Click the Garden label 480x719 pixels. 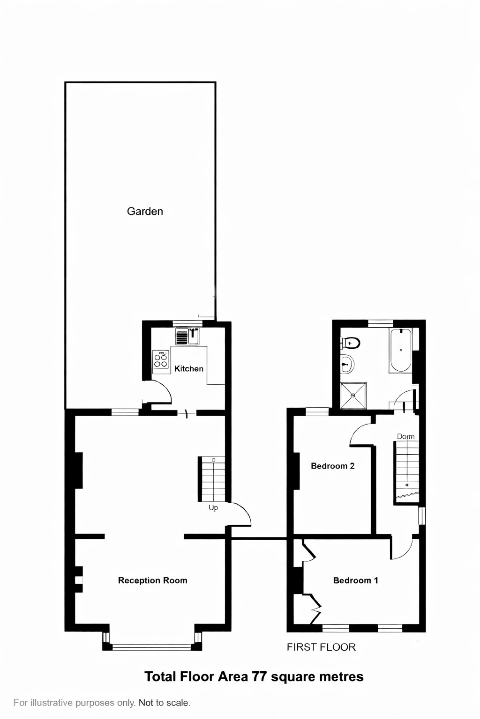[145, 211]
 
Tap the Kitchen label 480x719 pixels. [189, 369]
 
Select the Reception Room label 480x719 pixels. [152, 580]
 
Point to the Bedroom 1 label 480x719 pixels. [355, 580]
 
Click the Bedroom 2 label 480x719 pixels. [332, 466]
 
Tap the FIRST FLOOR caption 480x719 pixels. [321, 647]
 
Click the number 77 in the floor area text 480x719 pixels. [261, 676]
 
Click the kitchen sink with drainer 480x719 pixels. [187, 337]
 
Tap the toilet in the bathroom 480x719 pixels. [351, 343]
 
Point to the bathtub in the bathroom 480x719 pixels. [400, 350]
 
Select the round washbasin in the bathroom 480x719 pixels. [347, 364]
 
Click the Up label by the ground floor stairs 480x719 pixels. [213, 508]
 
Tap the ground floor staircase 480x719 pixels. [213, 479]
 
